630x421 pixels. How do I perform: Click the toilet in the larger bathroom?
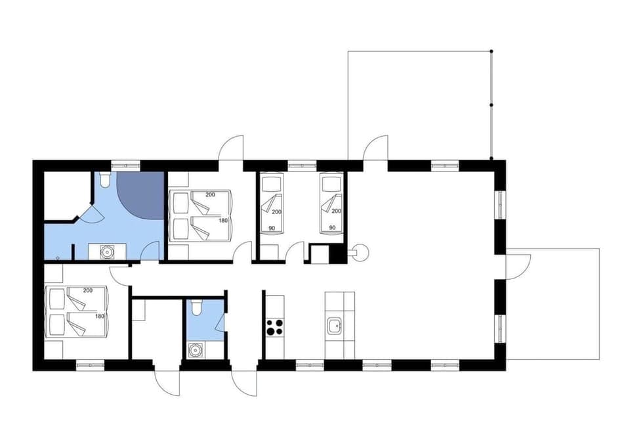[x=103, y=179]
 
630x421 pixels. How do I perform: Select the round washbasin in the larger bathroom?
[x=106, y=251]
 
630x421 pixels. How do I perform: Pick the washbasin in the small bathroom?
[x=194, y=350]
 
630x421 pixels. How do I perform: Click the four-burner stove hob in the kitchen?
[x=274, y=326]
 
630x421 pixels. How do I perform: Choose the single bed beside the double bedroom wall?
[x=271, y=204]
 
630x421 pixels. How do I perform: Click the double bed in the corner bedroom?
[x=77, y=312]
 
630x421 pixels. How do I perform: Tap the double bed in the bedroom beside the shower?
[x=200, y=214]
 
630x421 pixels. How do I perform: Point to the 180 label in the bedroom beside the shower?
[x=223, y=221]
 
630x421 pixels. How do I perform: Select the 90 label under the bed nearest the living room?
[x=332, y=227]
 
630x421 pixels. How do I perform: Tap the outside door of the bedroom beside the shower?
[x=232, y=148]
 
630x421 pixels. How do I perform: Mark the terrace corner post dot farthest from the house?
[x=492, y=51]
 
